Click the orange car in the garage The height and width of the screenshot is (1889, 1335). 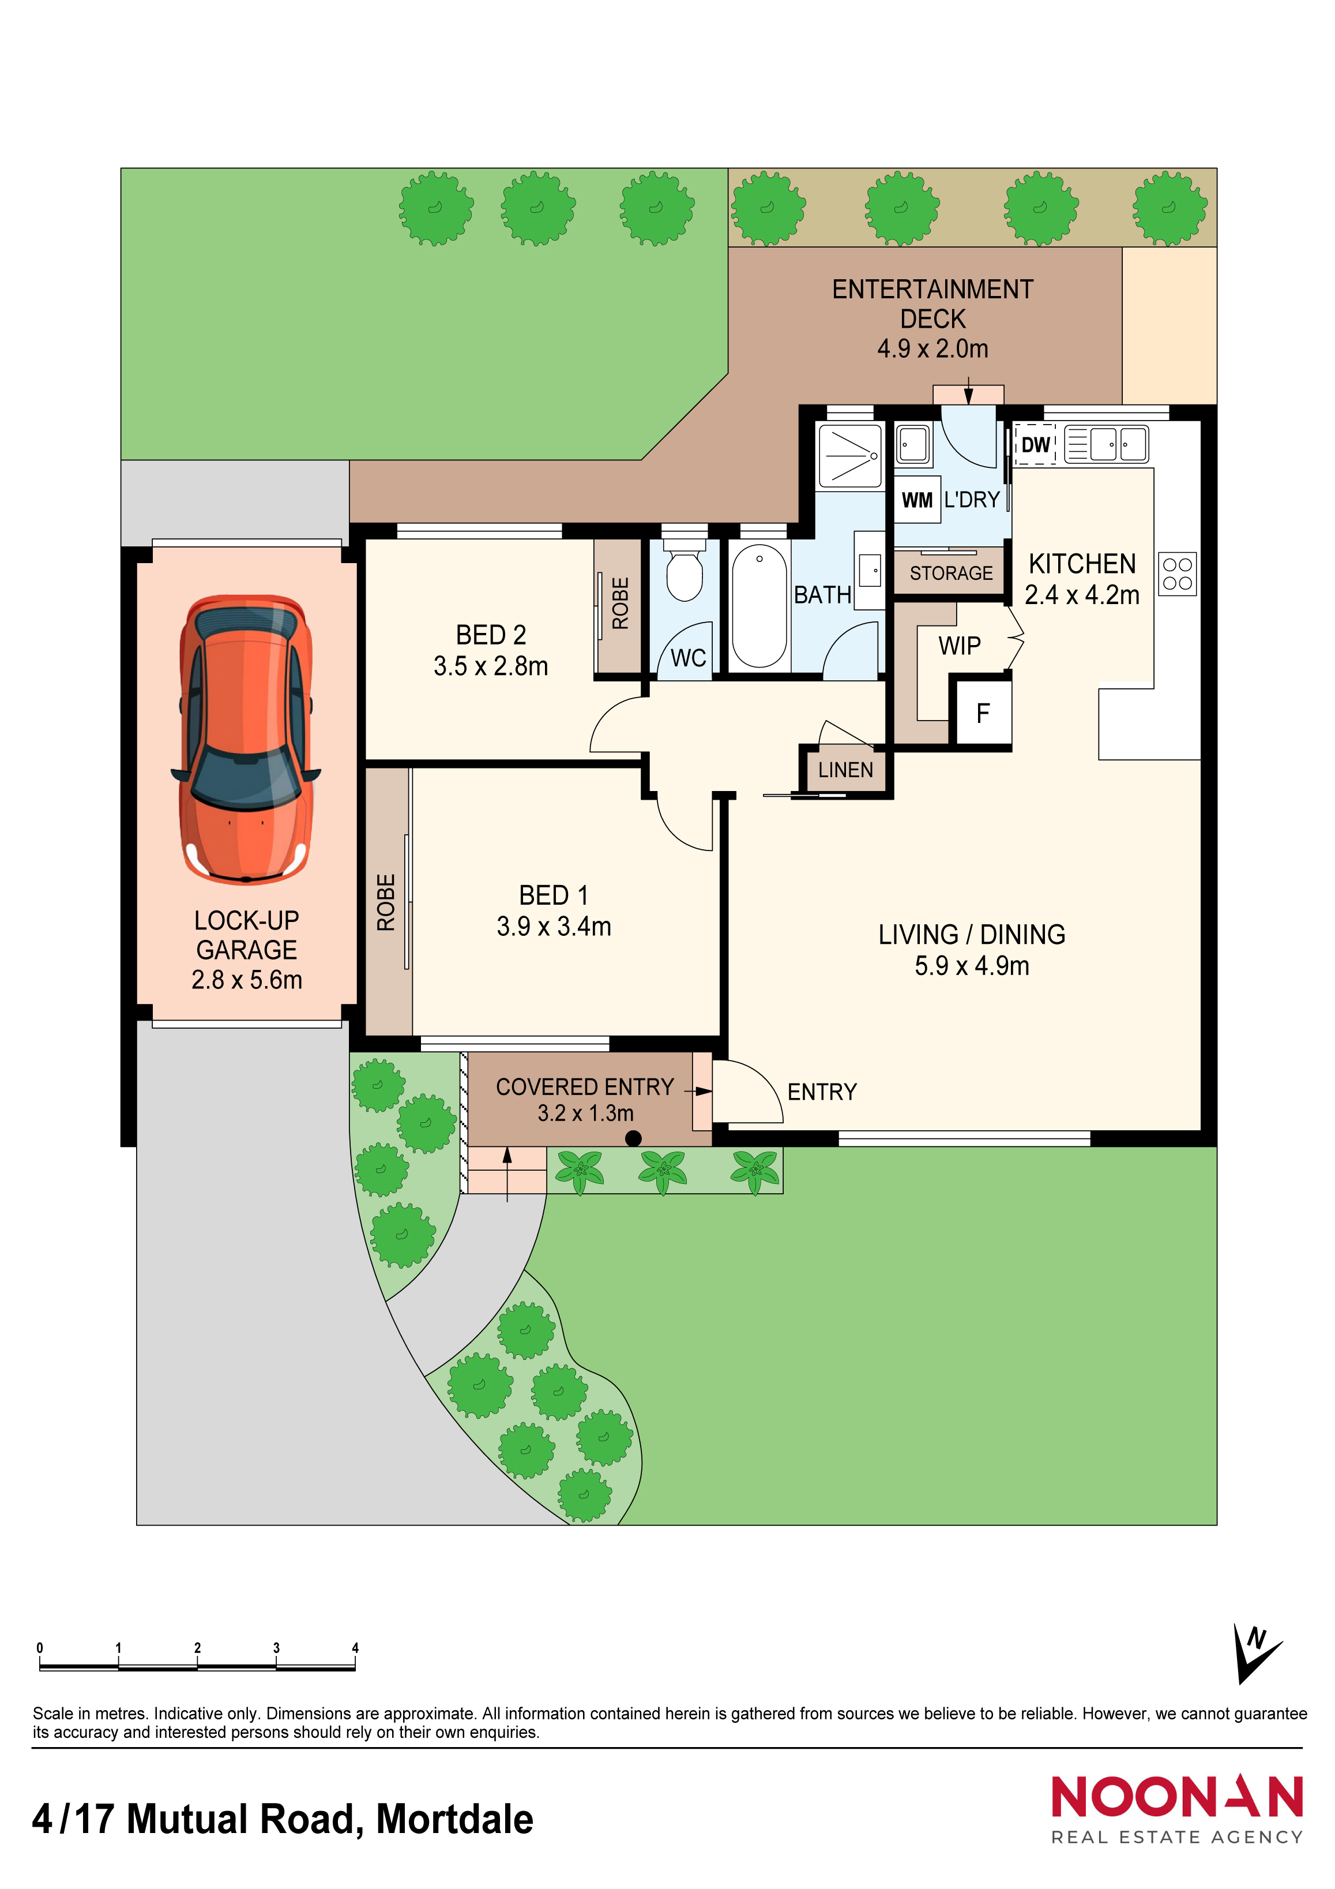pos(246,739)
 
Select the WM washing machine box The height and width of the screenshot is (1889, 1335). pos(917,500)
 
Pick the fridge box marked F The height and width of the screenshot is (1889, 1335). pos(981,713)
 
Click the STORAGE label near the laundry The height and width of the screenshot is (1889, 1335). pos(951,572)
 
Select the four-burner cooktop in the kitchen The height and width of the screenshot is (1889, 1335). pos(1177,574)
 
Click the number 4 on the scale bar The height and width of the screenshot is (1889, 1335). pos(355,1647)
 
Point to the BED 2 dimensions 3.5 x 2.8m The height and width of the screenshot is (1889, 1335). pos(491,666)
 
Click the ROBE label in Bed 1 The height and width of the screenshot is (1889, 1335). pos(386,902)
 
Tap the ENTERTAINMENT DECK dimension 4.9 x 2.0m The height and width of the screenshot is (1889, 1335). pos(933,349)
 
